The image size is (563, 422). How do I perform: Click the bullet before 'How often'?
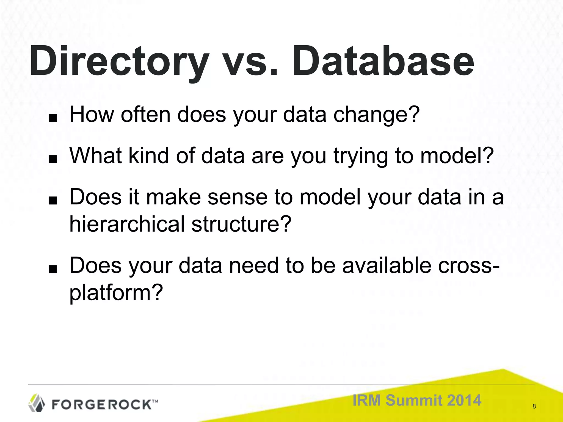(x=53, y=118)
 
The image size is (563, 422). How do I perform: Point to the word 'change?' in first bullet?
(x=376, y=115)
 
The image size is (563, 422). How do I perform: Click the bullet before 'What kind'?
(x=53, y=159)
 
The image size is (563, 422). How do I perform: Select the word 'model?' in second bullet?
(x=457, y=156)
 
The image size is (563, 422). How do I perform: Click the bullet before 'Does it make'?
(x=53, y=201)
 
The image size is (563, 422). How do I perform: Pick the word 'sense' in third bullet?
(x=237, y=197)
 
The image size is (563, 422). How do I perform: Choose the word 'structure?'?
(x=241, y=224)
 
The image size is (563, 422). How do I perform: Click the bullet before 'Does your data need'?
(x=53, y=270)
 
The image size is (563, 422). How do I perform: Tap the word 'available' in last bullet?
(x=387, y=265)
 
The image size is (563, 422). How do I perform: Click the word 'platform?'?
(x=116, y=293)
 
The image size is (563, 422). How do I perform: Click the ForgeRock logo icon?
(x=37, y=403)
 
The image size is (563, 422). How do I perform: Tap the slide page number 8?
(x=534, y=406)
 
